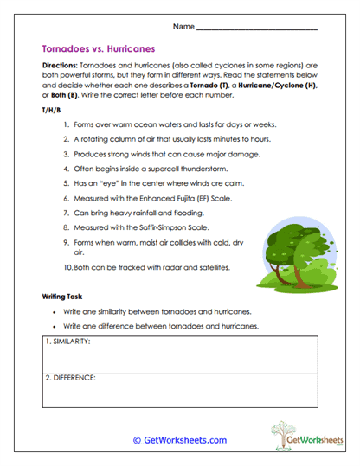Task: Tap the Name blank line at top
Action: [256, 29]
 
